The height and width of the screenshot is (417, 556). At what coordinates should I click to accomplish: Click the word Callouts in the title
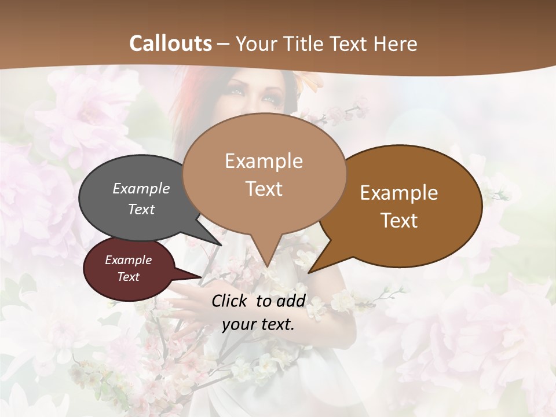pyautogui.click(x=170, y=43)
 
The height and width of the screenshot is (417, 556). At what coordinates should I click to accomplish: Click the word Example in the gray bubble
pyautogui.click(x=141, y=189)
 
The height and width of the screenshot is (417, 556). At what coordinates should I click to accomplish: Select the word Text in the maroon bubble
pyautogui.click(x=129, y=277)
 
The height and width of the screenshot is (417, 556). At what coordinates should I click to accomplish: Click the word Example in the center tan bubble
pyautogui.click(x=264, y=161)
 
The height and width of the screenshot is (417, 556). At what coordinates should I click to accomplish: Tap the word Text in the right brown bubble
pyautogui.click(x=399, y=221)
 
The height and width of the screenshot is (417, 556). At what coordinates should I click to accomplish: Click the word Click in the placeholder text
pyautogui.click(x=231, y=301)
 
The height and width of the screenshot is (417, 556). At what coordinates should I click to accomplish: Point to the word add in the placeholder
pyautogui.click(x=291, y=301)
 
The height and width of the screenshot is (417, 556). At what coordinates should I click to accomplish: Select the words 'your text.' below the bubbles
pyautogui.click(x=258, y=324)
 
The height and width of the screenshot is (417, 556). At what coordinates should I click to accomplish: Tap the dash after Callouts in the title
pyautogui.click(x=224, y=44)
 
